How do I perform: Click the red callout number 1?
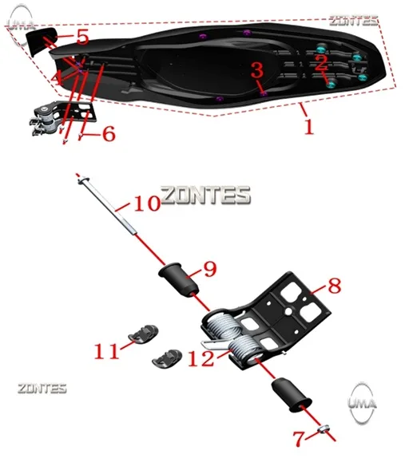coord(309,128)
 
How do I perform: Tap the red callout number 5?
coord(83,37)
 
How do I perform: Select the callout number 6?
coord(109,134)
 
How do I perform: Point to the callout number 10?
coord(147,203)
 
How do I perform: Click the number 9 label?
coord(210,269)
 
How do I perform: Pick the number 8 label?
coord(335,286)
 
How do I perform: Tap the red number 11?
coord(107,351)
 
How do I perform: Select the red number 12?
coord(201,358)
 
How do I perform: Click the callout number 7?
coord(299,439)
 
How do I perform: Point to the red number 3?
coord(257,70)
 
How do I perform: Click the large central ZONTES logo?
coord(205,195)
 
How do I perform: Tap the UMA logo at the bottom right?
coord(362,403)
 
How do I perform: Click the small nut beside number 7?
coord(324,429)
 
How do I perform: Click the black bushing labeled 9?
coord(179,281)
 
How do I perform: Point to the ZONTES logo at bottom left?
coord(42,389)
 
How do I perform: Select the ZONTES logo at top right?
coord(354,20)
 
